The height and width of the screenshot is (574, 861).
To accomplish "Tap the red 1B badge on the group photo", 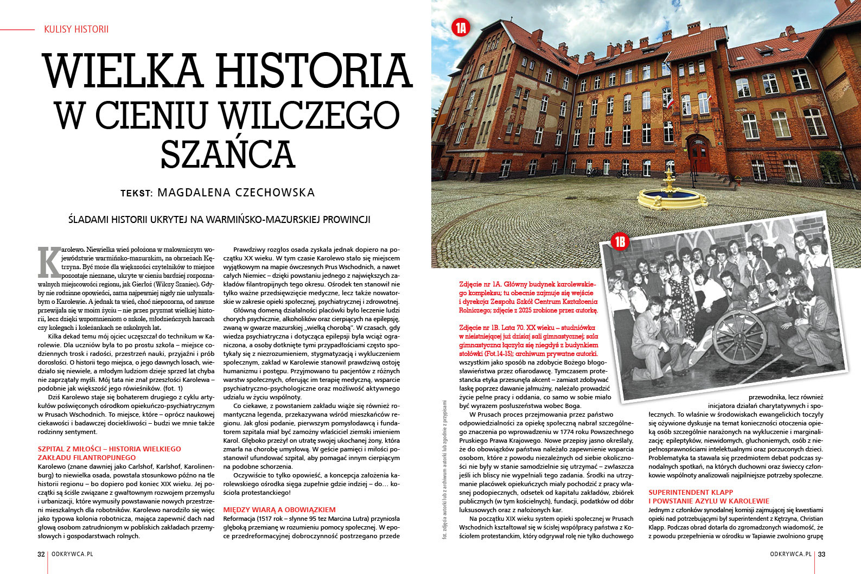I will coord(620,242).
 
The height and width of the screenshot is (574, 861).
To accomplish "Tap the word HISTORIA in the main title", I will coord(314,72).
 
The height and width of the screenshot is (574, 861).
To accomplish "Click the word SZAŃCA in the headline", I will coord(228,154).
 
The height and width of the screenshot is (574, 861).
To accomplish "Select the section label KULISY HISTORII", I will coord(76,29).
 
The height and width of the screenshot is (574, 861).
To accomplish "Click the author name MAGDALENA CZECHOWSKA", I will coord(236,193).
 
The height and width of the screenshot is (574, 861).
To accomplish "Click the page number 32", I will coord(41,554).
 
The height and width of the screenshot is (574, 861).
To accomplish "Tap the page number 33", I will coord(821,554).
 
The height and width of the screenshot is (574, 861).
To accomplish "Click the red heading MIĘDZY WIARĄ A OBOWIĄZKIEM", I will coord(279,509).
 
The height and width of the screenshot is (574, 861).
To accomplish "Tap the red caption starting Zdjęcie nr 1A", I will coord(528,297).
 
